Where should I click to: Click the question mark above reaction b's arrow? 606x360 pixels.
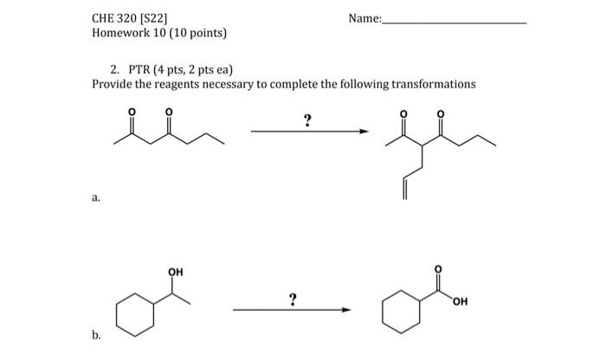[x=293, y=299]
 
